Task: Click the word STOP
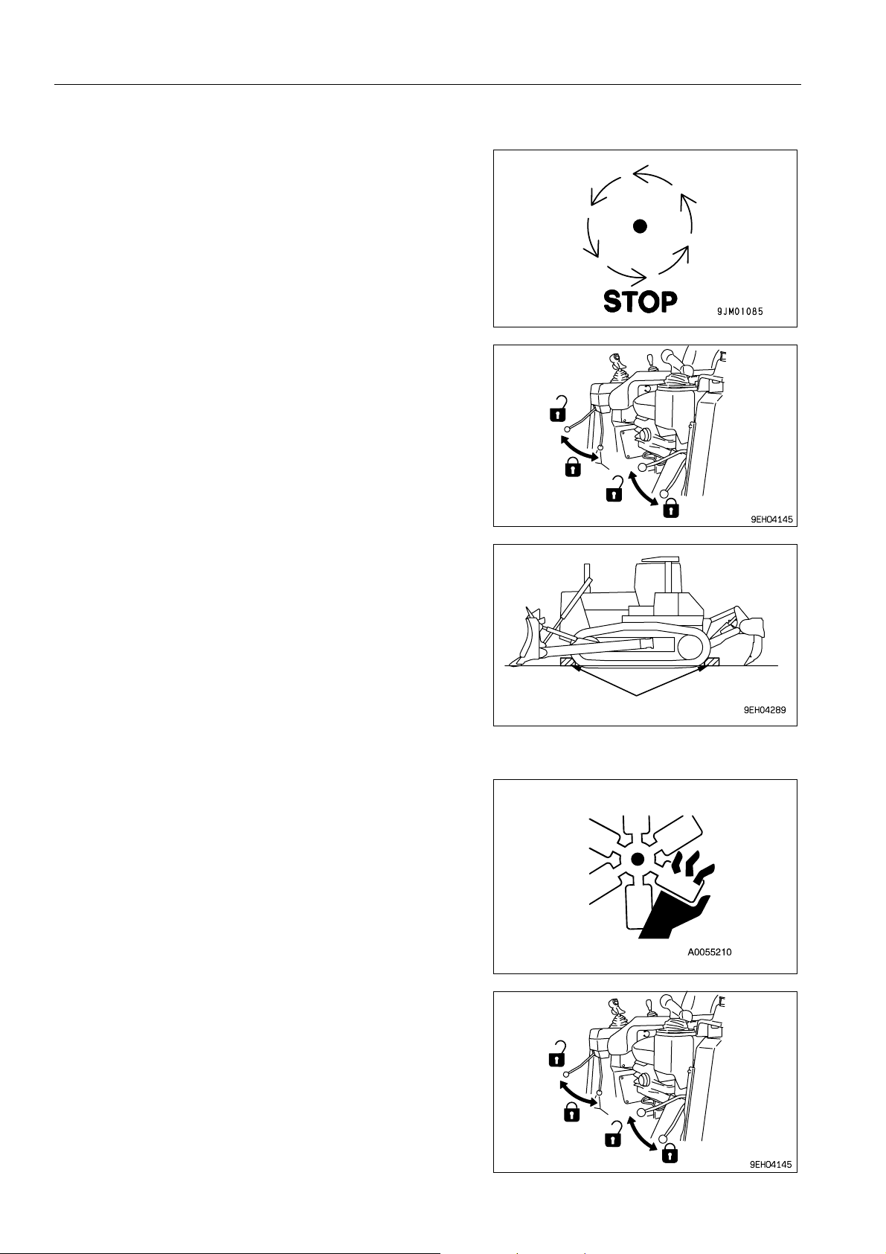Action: (x=640, y=301)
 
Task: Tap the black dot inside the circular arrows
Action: (x=640, y=226)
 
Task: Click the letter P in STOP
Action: (x=669, y=301)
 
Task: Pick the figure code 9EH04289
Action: (x=765, y=710)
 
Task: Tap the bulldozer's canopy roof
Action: (x=661, y=559)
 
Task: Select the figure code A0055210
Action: (x=710, y=951)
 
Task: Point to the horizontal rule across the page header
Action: (x=428, y=85)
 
